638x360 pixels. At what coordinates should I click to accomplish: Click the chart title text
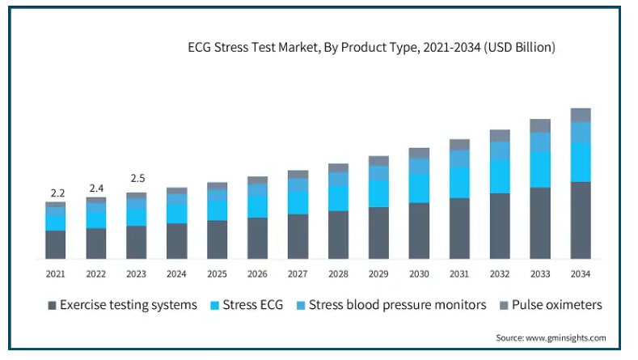coord(371,48)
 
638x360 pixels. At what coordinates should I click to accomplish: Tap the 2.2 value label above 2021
coord(56,193)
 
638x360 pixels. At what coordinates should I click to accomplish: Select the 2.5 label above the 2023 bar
coord(137,178)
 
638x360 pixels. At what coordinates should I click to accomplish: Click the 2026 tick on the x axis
coord(257,274)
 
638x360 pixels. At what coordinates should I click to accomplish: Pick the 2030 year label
coord(419,274)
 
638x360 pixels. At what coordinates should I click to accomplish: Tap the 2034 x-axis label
coord(580,274)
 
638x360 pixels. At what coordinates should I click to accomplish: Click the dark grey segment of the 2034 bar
coord(580,220)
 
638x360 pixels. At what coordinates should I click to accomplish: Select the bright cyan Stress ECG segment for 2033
coord(539,169)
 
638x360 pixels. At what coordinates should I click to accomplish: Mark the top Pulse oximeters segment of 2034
coord(580,115)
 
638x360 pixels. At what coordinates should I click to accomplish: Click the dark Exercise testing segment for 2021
coord(56,244)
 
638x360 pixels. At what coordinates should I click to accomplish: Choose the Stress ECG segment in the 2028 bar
coord(338,198)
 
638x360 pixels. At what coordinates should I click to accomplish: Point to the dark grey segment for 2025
coord(217,239)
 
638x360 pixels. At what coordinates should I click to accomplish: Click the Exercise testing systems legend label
coord(129,305)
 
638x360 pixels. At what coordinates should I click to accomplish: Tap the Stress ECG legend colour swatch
coord(214,306)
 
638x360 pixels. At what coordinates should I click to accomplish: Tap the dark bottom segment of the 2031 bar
coord(459,228)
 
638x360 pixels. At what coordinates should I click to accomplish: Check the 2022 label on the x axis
coord(96,274)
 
